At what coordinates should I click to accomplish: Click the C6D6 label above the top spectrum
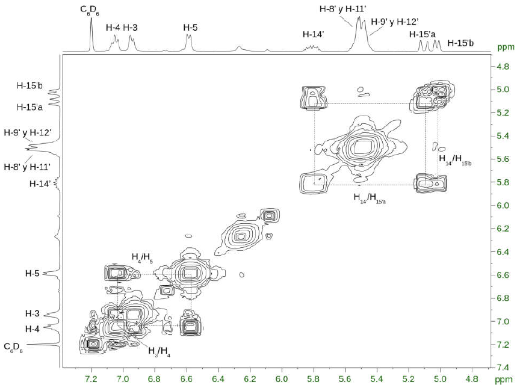[x=89, y=11]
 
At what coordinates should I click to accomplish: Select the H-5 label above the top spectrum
[x=190, y=27]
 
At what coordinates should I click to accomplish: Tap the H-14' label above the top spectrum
[x=314, y=34]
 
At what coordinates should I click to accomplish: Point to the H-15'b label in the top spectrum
[x=460, y=43]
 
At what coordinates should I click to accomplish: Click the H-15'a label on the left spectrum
[x=29, y=107]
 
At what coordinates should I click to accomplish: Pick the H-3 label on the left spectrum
[x=33, y=313]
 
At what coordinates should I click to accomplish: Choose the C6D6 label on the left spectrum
[x=13, y=348]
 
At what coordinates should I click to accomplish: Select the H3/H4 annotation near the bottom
[x=159, y=352]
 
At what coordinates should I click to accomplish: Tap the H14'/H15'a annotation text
[x=370, y=199]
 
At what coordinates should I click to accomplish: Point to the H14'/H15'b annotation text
[x=455, y=160]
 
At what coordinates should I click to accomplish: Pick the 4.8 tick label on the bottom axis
[x=472, y=379]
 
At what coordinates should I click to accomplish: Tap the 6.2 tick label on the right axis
[x=503, y=229]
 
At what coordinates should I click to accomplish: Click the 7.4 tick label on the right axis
[x=503, y=368]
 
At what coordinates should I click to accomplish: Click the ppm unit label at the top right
[x=506, y=47]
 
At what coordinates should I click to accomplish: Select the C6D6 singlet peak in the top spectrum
[x=91, y=35]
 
